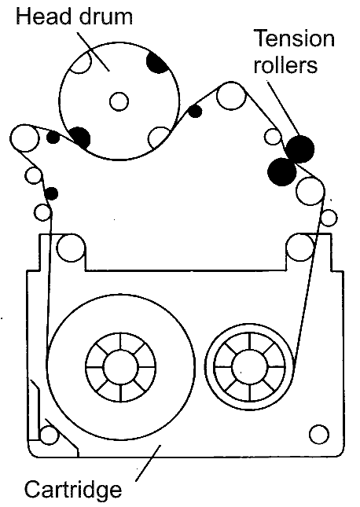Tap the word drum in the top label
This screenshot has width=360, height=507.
(x=106, y=16)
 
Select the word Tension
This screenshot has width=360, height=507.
(x=294, y=39)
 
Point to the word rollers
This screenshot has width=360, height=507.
(x=285, y=64)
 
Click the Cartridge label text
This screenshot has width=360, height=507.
(x=73, y=489)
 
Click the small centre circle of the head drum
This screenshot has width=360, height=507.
(x=119, y=101)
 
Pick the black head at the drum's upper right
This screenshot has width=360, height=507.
(x=157, y=62)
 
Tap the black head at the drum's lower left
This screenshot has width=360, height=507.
(x=79, y=138)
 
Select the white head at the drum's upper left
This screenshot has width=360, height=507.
(x=81, y=63)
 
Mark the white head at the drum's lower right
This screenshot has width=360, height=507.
(x=159, y=138)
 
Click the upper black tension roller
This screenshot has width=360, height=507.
(x=300, y=149)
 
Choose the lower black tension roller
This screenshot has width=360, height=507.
(x=282, y=171)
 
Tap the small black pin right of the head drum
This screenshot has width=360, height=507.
(x=195, y=112)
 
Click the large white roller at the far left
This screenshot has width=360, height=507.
(x=25, y=138)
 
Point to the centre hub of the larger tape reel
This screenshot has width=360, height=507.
(x=120, y=367)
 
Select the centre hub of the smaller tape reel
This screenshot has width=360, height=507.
(x=250, y=366)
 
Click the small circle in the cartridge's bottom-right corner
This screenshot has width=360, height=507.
(x=319, y=434)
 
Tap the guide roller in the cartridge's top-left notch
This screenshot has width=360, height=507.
(x=71, y=248)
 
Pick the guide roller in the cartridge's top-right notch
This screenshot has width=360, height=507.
(x=300, y=248)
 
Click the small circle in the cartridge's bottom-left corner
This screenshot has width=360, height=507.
(x=49, y=435)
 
